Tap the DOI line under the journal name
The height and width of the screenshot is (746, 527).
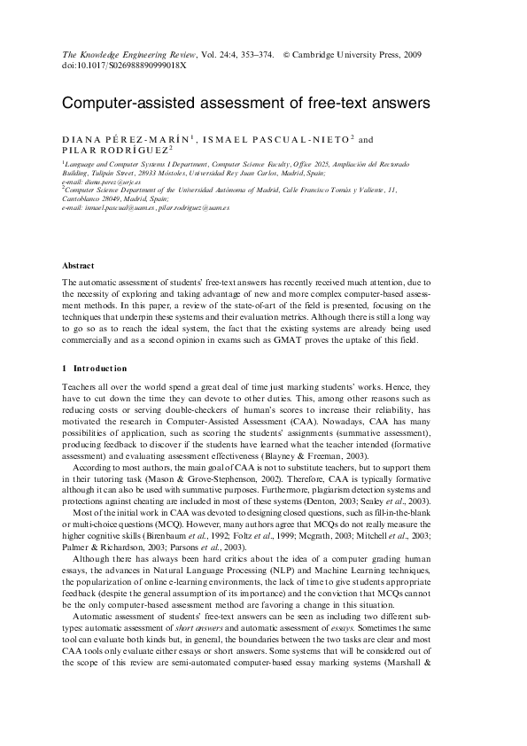[124, 66]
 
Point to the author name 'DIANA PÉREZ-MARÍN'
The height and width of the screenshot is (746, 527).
[125, 139]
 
